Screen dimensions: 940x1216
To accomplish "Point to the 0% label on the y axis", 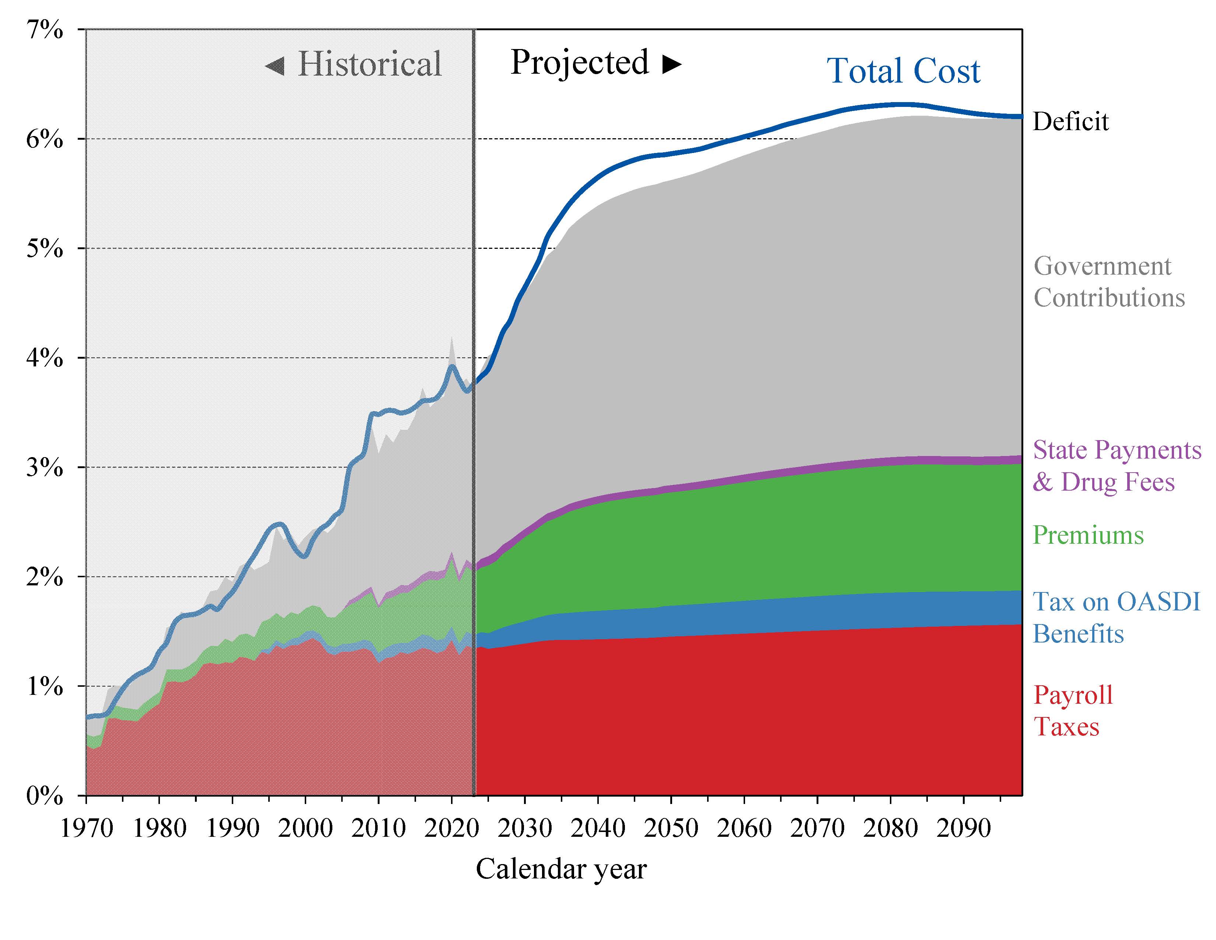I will (45, 796).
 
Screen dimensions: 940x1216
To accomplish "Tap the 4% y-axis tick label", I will (45, 358).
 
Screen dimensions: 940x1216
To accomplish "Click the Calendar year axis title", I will (561, 869).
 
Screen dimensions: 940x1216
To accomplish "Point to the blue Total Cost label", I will (903, 71).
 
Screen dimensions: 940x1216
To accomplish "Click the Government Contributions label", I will (1108, 282).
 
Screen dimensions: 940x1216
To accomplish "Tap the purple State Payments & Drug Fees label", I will (1117, 466).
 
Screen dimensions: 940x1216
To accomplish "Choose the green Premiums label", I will (1088, 535).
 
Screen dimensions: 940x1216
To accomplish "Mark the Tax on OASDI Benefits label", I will (1116, 617).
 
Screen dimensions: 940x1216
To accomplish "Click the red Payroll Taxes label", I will (1072, 711).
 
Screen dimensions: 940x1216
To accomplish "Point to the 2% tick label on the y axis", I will (45, 577).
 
